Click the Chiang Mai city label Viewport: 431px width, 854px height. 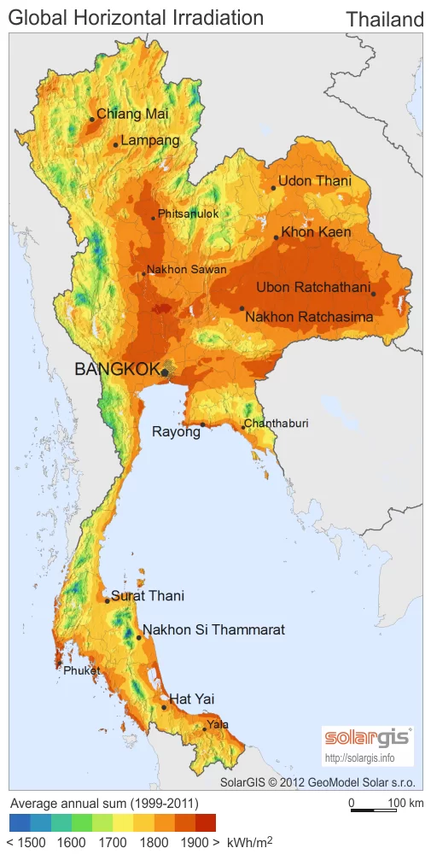[132, 114]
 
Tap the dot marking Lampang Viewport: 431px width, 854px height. [116, 145]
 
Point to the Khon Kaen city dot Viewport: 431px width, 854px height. [277, 238]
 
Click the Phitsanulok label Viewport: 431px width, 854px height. [189, 213]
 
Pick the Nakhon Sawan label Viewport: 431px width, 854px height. [187, 270]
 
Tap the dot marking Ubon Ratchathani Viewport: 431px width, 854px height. [374, 295]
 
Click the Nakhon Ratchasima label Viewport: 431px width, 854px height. [309, 318]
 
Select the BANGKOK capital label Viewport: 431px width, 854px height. [117, 370]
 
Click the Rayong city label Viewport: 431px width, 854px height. [176, 432]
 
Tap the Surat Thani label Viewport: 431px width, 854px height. [148, 596]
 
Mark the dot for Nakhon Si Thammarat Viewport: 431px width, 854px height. [139, 637]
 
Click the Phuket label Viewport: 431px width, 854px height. [82, 671]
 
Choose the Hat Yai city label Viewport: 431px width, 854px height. [192, 699]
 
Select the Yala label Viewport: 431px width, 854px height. [218, 725]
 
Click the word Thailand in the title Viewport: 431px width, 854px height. [385, 20]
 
